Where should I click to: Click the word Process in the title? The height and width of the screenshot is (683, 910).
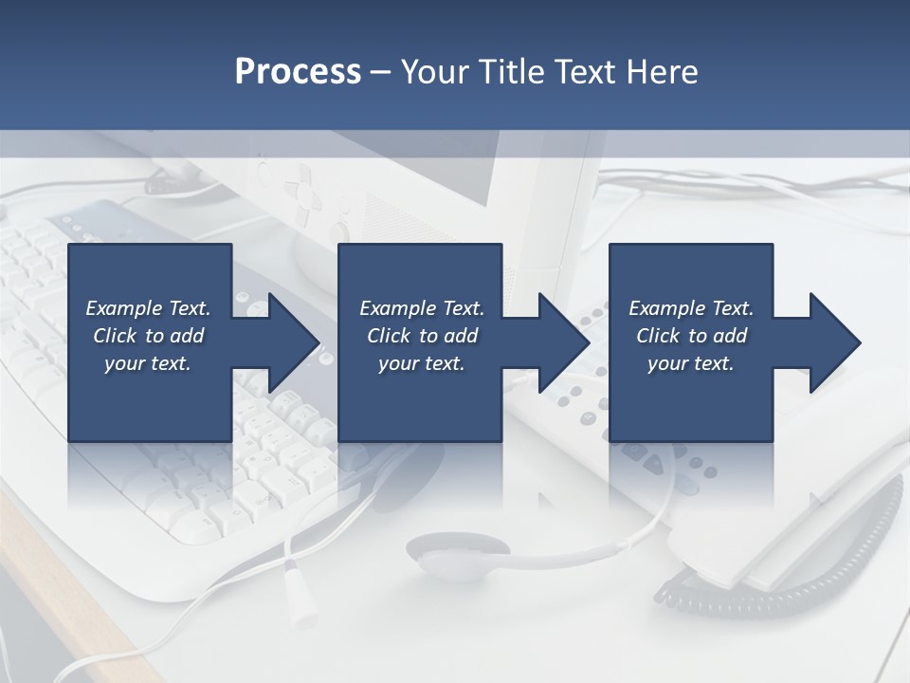298,72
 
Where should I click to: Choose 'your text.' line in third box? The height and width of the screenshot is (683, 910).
691,363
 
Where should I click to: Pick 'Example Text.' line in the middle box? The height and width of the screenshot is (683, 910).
422,308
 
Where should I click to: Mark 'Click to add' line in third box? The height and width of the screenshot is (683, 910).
692,336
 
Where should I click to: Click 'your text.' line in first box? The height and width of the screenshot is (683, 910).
148,363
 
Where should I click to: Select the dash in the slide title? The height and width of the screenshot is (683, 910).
380,72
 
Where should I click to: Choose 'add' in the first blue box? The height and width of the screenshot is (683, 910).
187,336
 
